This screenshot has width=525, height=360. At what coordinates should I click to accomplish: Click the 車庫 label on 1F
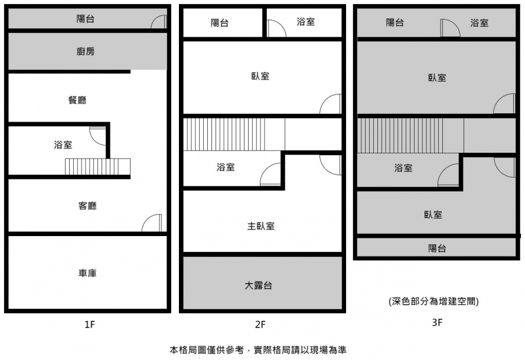87,273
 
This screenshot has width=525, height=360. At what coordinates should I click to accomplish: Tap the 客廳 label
87,206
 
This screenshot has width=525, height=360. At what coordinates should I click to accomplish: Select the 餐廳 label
77,100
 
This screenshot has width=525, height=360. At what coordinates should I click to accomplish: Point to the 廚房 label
86,51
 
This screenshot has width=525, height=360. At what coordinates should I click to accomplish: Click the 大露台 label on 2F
259,286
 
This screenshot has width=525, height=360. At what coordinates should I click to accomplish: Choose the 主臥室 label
260,226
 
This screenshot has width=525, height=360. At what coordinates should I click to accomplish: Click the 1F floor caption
89,324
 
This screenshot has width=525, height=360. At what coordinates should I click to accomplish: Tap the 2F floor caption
260,324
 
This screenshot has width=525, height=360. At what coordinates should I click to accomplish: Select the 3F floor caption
436,322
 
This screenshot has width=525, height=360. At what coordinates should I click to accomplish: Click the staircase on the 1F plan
97,167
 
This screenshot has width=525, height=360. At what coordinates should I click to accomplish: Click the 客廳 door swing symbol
152,223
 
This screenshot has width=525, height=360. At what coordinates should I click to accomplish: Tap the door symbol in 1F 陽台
158,22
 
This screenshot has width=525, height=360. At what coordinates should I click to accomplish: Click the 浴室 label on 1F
63,145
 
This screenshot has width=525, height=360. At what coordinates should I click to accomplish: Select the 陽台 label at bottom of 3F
437,248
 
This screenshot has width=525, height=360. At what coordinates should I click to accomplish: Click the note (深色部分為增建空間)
433,301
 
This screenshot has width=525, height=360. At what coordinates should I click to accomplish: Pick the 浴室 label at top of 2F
305,22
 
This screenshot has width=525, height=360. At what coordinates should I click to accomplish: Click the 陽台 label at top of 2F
220,23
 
